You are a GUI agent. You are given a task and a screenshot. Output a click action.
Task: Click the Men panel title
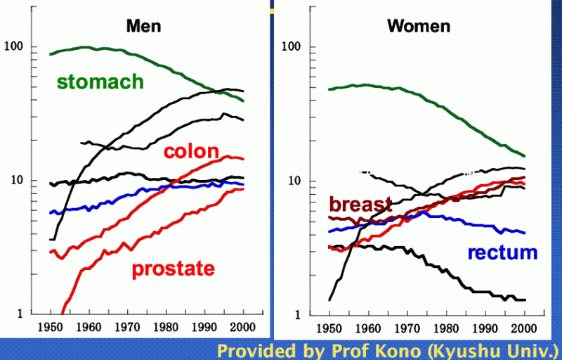pyautogui.click(x=143, y=27)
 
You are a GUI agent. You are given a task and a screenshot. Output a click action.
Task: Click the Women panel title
pyautogui.click(x=419, y=27)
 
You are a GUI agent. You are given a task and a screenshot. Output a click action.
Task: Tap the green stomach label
pyautogui.click(x=100, y=82)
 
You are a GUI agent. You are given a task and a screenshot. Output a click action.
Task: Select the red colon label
pyautogui.click(x=191, y=152)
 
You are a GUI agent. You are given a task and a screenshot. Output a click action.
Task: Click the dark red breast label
pyautogui.click(x=360, y=205)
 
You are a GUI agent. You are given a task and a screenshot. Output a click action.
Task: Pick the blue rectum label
pyautogui.click(x=503, y=252)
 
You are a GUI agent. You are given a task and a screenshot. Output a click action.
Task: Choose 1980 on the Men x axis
pyautogui.click(x=166, y=328)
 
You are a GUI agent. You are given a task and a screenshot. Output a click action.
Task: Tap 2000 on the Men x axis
pyautogui.click(x=242, y=328)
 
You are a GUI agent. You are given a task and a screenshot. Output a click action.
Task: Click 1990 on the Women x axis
pyautogui.click(x=485, y=328)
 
